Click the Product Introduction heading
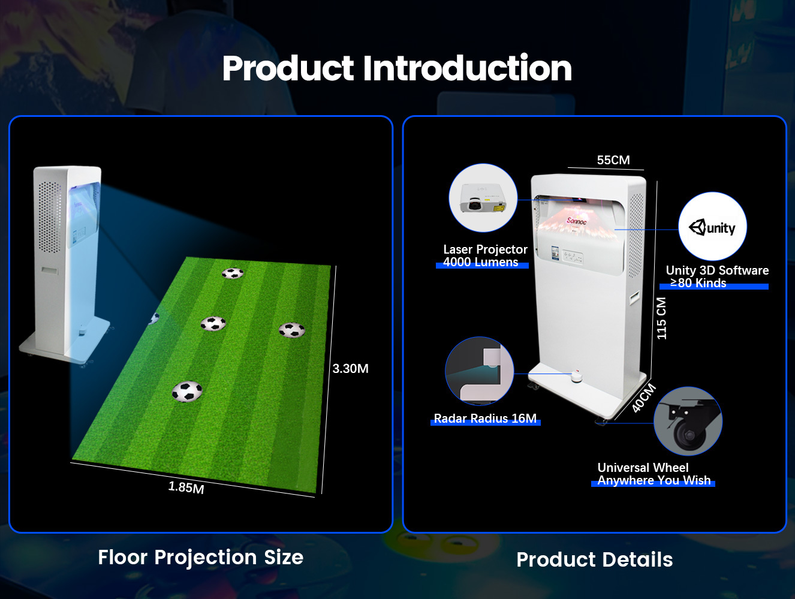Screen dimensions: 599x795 397,68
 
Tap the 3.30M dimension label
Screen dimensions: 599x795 350,369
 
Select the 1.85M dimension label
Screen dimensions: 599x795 186,487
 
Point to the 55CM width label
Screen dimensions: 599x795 613,160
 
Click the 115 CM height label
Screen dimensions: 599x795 661,318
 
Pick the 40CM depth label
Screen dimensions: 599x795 644,398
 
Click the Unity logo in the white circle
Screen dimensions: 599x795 712,227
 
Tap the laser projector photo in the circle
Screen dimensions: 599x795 483,198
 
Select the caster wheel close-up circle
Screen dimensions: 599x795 688,421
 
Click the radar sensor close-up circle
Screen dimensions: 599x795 479,371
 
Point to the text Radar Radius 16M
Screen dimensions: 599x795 485,419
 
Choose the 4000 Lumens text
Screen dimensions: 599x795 481,262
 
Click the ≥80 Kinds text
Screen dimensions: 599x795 698,283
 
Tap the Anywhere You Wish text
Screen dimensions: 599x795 654,480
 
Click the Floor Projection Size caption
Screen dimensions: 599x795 201,557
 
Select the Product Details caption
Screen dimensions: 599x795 594,559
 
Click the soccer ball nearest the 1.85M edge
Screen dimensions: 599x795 187,392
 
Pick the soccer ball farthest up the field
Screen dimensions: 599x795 233,273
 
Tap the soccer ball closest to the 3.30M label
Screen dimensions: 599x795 292,330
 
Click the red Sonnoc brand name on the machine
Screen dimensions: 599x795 576,221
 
